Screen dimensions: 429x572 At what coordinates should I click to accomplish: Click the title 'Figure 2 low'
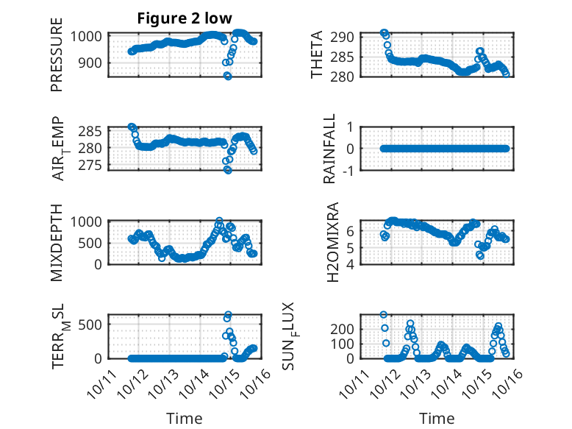(185, 19)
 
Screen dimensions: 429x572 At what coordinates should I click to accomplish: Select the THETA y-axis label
(317, 54)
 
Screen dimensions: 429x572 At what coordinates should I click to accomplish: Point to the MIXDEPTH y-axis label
(57, 241)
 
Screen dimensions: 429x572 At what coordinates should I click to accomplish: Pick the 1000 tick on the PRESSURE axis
(90, 36)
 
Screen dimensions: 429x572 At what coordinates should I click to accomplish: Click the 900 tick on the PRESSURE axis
(94, 63)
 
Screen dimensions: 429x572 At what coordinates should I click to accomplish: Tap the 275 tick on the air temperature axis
(94, 165)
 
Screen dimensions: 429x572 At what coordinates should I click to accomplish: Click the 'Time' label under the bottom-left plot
(185, 418)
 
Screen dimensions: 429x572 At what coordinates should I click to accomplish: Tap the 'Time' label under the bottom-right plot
(437, 418)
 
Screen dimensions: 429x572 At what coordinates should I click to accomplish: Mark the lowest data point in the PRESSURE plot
(228, 76)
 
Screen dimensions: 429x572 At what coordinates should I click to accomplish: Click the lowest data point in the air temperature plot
(228, 170)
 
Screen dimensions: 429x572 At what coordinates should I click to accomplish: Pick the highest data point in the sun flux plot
(384, 314)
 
